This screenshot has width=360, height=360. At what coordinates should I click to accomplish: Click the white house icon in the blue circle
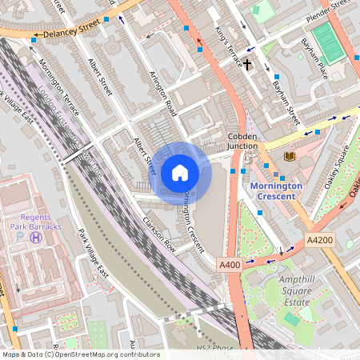point(180,173)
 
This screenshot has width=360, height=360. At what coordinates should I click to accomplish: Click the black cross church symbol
point(248,63)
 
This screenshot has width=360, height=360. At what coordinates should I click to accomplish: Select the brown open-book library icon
point(288,155)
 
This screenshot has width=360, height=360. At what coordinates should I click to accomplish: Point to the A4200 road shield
point(319,239)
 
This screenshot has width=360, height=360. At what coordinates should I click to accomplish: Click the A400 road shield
point(228,263)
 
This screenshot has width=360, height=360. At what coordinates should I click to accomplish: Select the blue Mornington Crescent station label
point(276,190)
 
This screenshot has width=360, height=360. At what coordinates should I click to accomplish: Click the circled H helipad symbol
point(35,237)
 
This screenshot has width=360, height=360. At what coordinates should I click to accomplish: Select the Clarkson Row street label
point(158,231)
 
